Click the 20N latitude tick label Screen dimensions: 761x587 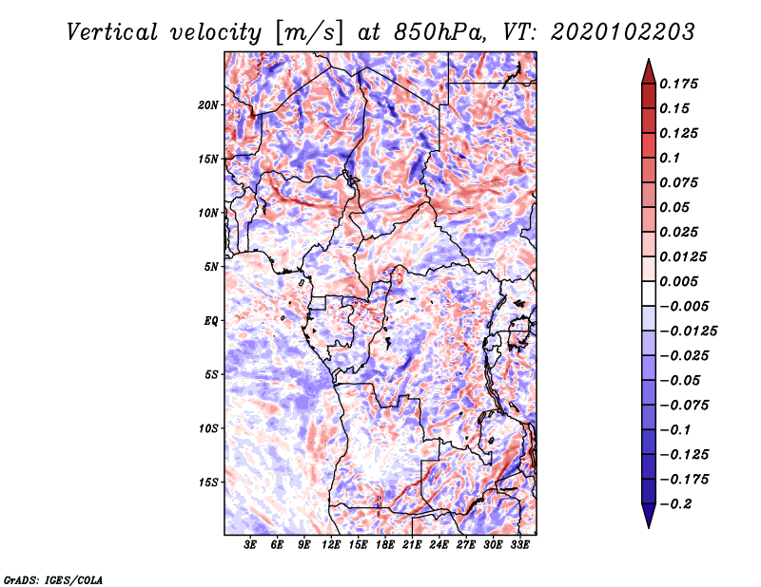[x=208, y=105]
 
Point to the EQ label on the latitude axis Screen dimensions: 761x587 [x=210, y=321]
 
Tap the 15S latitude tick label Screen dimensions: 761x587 [x=208, y=483]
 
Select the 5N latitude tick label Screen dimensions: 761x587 [x=211, y=267]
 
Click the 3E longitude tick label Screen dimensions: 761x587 [x=250, y=544]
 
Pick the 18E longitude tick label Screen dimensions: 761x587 [x=385, y=544]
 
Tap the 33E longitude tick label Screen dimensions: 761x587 [x=519, y=544]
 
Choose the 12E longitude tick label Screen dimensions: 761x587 [x=331, y=544]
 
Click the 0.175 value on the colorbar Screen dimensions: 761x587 [x=678, y=84]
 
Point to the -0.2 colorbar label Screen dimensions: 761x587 [x=675, y=504]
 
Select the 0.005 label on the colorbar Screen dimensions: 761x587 [x=678, y=281]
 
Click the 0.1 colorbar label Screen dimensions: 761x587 [x=670, y=158]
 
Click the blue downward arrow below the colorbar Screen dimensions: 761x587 [x=649, y=516]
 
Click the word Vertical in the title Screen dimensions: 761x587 [x=112, y=32]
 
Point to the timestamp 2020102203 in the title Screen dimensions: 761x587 [x=623, y=32]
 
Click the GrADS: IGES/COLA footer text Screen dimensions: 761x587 [x=53, y=579]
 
